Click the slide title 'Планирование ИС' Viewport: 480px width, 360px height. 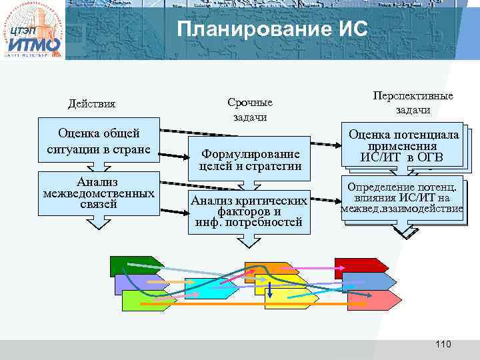272,30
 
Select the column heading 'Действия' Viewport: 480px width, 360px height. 91,104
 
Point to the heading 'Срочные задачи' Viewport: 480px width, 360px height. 249,110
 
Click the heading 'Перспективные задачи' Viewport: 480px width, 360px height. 413,103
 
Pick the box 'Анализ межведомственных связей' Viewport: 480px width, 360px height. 99,193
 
